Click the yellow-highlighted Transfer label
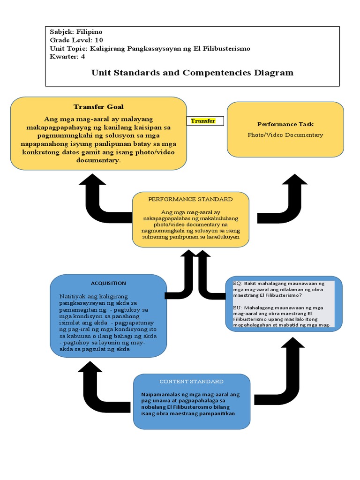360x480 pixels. coord(203,121)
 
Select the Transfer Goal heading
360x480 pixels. coord(98,107)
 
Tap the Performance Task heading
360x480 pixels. coord(285,124)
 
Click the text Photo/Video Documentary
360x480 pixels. coord(285,135)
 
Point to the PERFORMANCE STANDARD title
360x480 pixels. coord(190,199)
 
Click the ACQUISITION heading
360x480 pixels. coord(108,283)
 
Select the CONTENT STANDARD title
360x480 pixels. coord(191,382)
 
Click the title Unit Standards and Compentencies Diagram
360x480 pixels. coord(192,73)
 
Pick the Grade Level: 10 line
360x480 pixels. coord(76,40)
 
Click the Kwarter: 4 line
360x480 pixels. coord(67,57)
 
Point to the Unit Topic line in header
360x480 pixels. coord(150,48)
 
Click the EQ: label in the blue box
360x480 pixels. coord(237,284)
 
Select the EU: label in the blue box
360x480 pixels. coord(237,307)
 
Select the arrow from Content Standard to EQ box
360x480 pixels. coord(286,370)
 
